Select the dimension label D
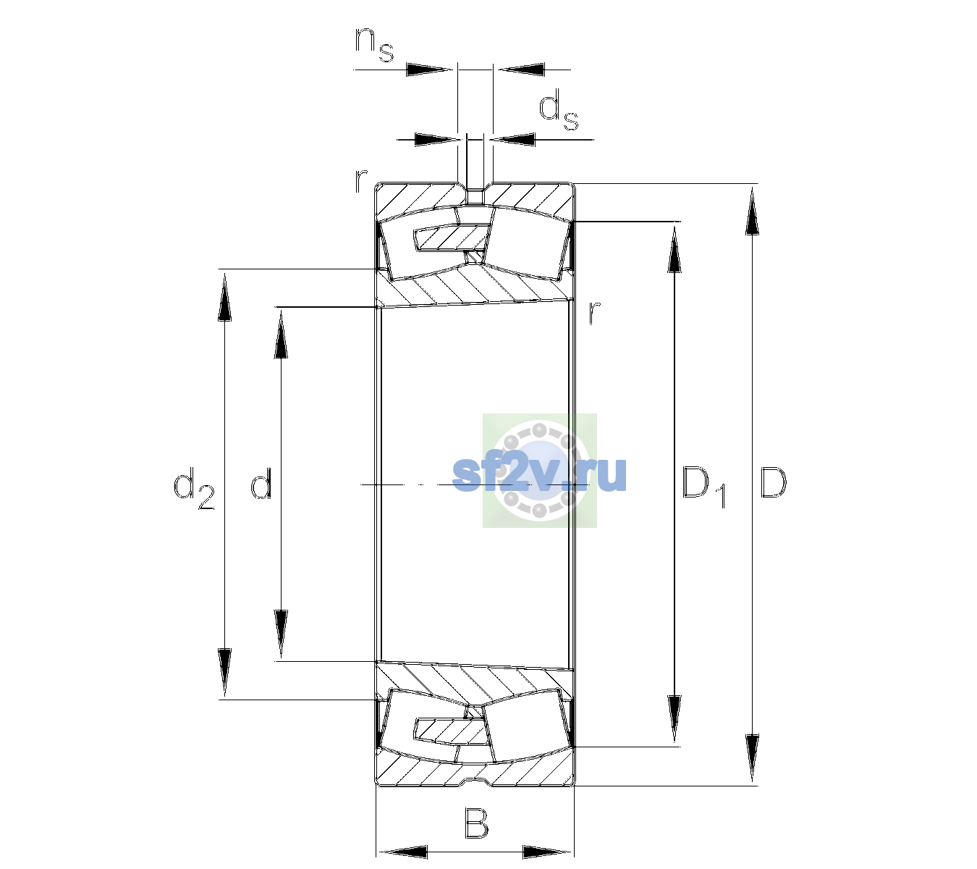click(773, 482)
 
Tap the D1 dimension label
click(704, 487)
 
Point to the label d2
click(194, 488)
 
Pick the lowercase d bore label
click(261, 482)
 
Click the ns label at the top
click(374, 45)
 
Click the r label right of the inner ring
click(595, 312)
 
